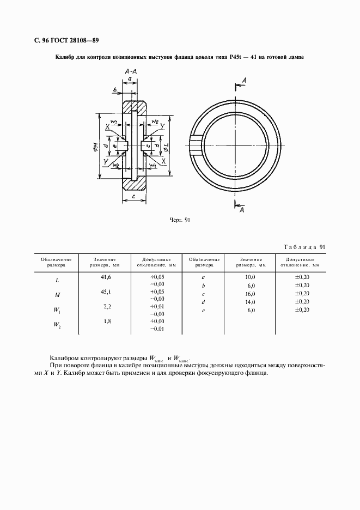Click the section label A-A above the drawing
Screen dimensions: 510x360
(x=130, y=71)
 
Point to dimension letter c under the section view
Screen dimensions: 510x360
(x=134, y=197)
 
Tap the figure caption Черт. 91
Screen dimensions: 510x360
(x=180, y=220)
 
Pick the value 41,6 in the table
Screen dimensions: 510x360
(x=107, y=277)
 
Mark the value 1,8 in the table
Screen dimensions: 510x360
(x=107, y=322)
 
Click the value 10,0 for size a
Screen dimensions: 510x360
(x=251, y=277)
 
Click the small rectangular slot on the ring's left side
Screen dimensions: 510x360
(x=195, y=145)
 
